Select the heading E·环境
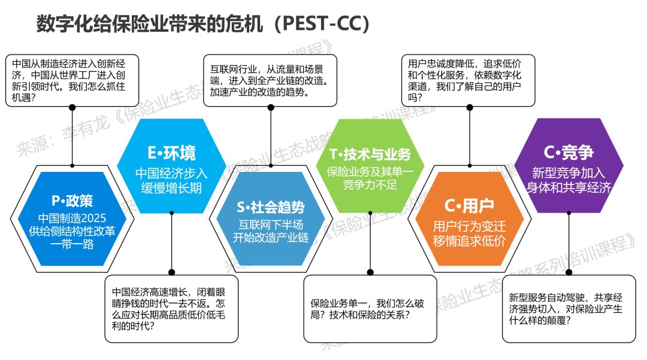click(x=171, y=153)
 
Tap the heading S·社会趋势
click(x=271, y=207)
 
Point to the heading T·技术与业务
click(x=370, y=154)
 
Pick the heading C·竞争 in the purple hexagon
click(x=569, y=153)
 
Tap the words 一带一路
click(x=72, y=244)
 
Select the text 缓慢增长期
click(x=171, y=187)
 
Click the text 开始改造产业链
click(x=271, y=238)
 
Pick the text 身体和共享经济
click(x=569, y=187)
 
